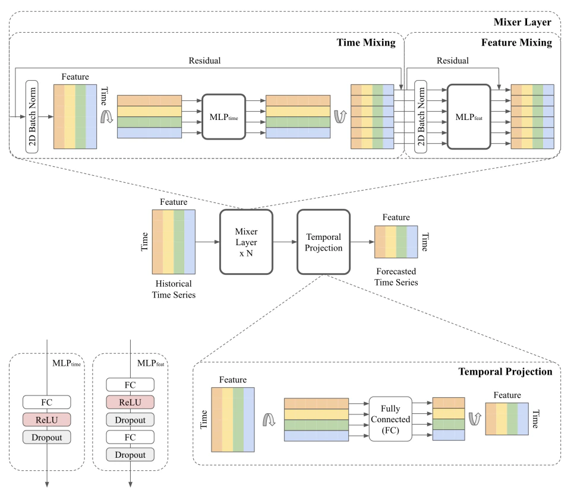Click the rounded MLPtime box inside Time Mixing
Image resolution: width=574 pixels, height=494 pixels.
pos(223,117)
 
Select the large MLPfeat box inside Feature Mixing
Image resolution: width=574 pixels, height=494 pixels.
pos(469,116)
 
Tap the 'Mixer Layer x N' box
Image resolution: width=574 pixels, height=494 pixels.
pos(246,242)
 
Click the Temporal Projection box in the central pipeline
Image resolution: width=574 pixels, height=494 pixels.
pos(323,242)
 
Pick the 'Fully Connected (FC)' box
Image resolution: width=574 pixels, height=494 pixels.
pos(390,419)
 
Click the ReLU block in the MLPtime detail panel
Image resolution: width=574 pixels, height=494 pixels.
pos(46,419)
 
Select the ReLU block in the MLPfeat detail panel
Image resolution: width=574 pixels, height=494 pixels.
pos(130,403)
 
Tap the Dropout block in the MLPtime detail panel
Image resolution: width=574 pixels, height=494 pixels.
pos(46,437)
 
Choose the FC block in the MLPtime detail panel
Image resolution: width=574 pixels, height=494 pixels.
pos(46,402)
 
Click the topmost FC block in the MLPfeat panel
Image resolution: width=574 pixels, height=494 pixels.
pos(130,385)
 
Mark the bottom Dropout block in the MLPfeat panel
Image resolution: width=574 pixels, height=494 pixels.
pos(130,454)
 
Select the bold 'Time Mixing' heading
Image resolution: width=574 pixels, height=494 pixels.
pos(366,43)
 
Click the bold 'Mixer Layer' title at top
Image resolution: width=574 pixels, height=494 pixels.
pos(526,22)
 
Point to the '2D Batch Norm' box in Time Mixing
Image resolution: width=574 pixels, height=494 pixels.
pos(31,116)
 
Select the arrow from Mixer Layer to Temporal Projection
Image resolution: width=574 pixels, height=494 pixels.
pos(285,242)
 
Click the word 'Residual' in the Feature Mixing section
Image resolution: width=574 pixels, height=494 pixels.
pos(452,61)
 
